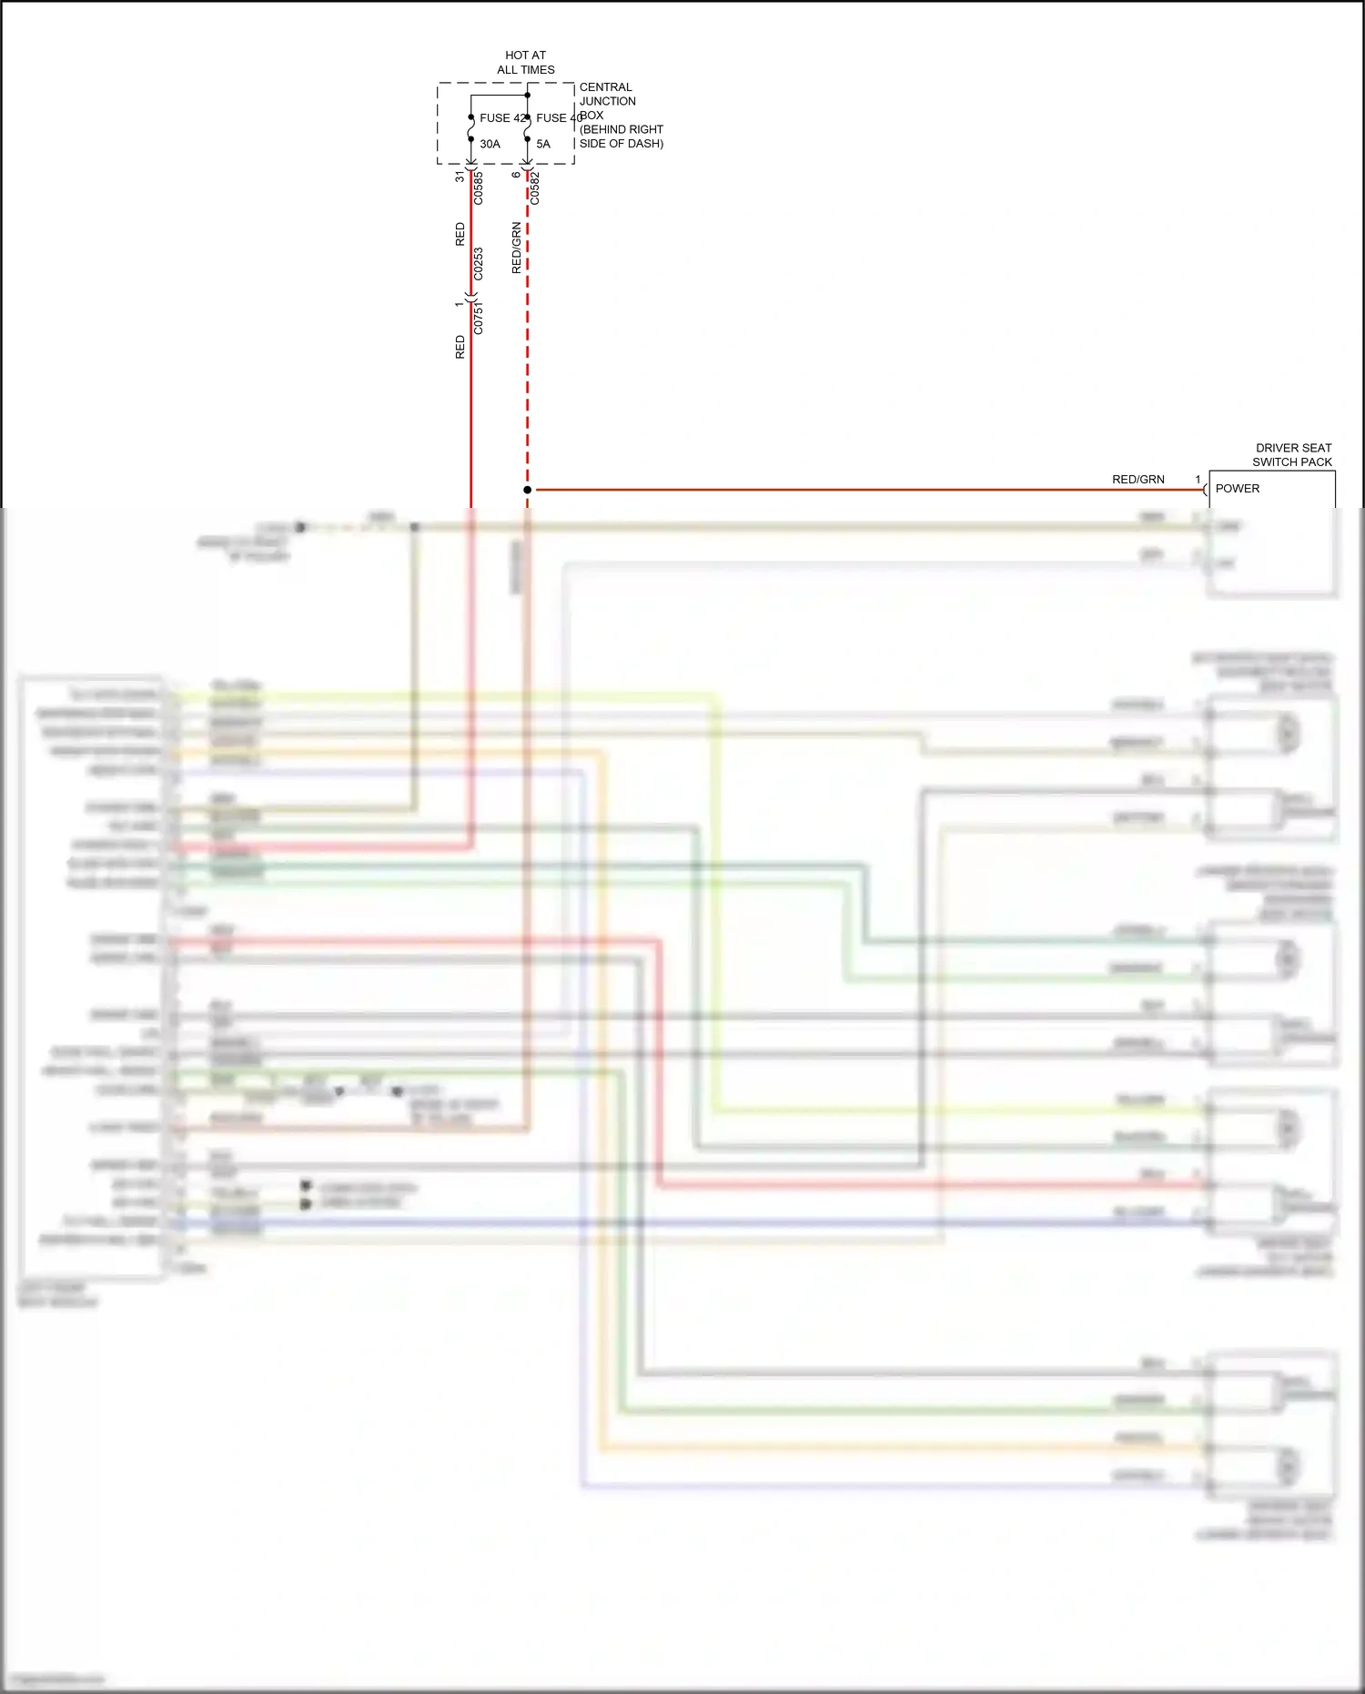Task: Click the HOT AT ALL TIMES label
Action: point(525,62)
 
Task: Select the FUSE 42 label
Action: point(501,118)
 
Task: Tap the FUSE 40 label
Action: point(557,118)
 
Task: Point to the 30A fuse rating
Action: point(490,144)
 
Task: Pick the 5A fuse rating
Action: point(543,144)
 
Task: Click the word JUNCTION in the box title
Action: point(607,101)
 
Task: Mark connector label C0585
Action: point(479,188)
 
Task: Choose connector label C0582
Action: point(535,188)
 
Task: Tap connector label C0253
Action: point(479,264)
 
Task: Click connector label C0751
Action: point(479,319)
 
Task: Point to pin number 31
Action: point(460,177)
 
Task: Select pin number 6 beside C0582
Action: point(516,175)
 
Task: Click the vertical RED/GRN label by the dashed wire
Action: point(517,248)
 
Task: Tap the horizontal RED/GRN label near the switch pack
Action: point(1137,480)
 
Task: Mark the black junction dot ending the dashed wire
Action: point(527,490)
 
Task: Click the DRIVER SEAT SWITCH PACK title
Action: point(1293,455)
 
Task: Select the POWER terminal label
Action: point(1238,489)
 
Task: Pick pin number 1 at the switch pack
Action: point(1198,480)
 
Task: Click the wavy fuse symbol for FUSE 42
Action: point(470,129)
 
